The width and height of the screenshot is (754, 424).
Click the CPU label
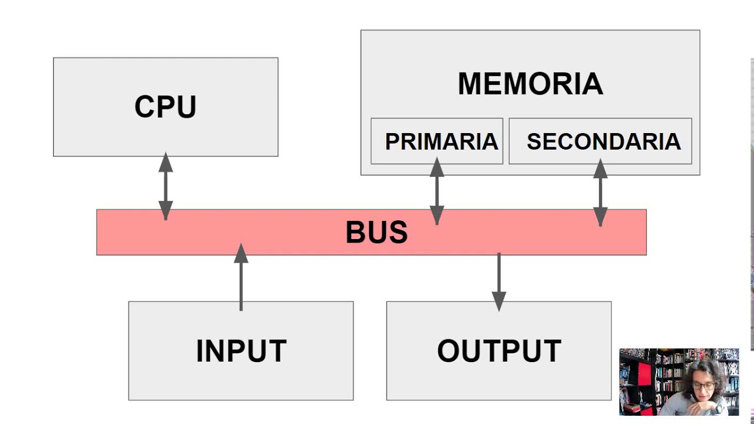pyautogui.click(x=166, y=107)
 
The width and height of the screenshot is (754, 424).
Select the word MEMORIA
pyautogui.click(x=530, y=84)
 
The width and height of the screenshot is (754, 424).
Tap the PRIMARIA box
pyautogui.click(x=437, y=141)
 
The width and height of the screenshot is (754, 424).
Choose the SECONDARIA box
pyautogui.click(x=600, y=141)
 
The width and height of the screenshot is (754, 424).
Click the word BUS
pyautogui.click(x=376, y=232)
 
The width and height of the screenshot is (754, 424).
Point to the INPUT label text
pyautogui.click(x=241, y=351)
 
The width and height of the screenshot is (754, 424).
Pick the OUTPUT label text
pyautogui.click(x=499, y=351)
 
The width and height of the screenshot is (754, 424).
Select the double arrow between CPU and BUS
pyautogui.click(x=166, y=186)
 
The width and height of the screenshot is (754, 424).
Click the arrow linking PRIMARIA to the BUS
pyautogui.click(x=436, y=191)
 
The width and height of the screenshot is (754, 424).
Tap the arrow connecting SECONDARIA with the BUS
pyautogui.click(x=600, y=193)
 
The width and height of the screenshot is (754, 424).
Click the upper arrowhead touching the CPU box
pyautogui.click(x=166, y=162)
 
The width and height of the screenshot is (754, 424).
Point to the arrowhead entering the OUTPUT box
pyautogui.click(x=499, y=302)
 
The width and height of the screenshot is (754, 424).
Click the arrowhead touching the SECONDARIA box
pyautogui.click(x=600, y=168)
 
